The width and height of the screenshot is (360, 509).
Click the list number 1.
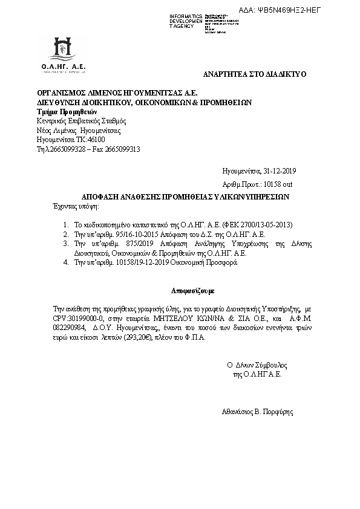click(65, 224)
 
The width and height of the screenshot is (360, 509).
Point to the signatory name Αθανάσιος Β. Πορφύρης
click(258, 412)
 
